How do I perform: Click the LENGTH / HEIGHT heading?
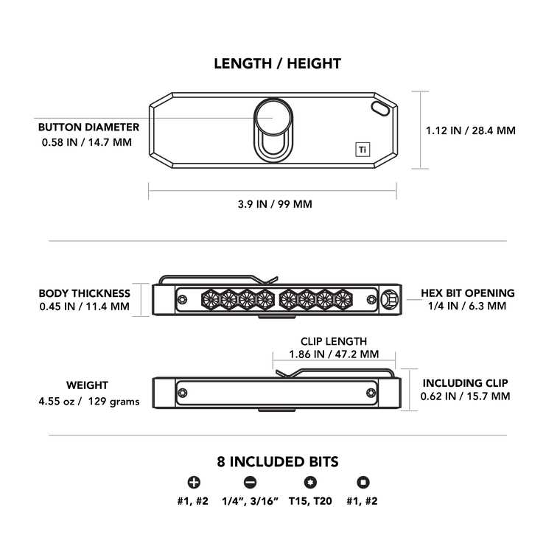[x=278, y=63]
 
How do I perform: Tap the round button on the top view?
[x=273, y=117]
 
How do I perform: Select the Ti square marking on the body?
[x=363, y=150]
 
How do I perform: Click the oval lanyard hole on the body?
[x=380, y=108]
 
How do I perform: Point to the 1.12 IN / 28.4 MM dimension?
[x=470, y=130]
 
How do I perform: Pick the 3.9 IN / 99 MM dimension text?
[x=275, y=204]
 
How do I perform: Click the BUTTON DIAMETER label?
[x=88, y=127]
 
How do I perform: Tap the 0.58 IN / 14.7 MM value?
[x=87, y=142]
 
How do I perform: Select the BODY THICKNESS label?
[x=84, y=293]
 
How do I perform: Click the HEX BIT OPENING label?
[x=467, y=293]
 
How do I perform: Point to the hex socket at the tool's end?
[x=389, y=299]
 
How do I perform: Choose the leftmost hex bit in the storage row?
[x=211, y=299]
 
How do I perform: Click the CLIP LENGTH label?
[x=334, y=341]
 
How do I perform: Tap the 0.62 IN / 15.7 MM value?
[x=465, y=396]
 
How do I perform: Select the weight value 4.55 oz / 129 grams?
[x=89, y=402]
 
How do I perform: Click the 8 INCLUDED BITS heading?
[x=278, y=462]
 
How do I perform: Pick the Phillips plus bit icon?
[x=194, y=483]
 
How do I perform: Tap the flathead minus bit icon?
[x=250, y=483]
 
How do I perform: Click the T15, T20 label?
[x=310, y=501]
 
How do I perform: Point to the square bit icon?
[x=363, y=483]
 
